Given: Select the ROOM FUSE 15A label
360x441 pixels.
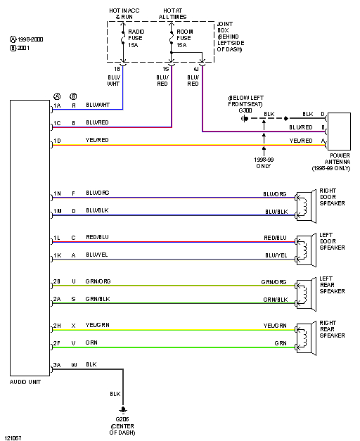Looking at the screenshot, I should (x=185, y=39).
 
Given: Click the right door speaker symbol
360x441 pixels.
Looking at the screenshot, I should (x=304, y=202).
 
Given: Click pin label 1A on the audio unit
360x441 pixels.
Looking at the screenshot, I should (x=57, y=106).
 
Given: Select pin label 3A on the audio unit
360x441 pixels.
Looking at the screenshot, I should (x=57, y=365).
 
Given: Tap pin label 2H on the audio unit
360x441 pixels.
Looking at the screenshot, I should (x=57, y=326).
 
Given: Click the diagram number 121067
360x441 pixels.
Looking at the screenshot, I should (x=12, y=437).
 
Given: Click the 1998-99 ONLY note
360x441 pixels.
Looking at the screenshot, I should (x=264, y=162).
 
